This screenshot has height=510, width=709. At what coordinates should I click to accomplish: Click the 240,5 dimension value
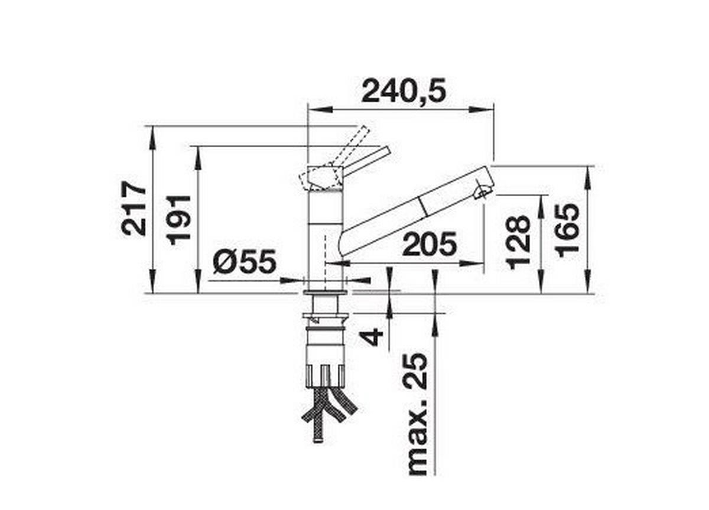(404, 91)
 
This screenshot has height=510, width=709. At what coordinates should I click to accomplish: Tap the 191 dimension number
(179, 219)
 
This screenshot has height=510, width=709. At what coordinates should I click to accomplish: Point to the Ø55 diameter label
(244, 261)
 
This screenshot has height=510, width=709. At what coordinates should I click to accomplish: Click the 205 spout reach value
(429, 245)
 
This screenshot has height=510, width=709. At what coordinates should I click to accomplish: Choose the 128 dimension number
(518, 242)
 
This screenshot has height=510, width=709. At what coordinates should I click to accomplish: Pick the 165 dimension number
(568, 230)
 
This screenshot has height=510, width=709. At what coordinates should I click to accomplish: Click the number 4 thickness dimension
(373, 337)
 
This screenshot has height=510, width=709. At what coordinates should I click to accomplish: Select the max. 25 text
(417, 414)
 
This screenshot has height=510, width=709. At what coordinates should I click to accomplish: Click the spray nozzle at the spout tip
(483, 191)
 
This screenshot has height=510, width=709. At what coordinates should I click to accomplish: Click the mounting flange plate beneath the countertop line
(326, 292)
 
